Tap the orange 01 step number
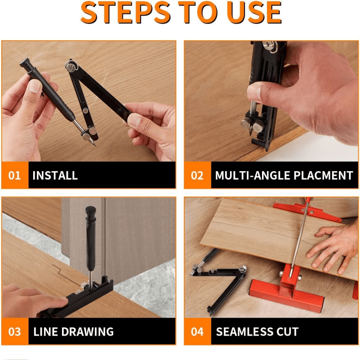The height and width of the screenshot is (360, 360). pyautogui.click(x=15, y=175)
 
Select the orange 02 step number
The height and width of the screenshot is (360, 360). pyautogui.click(x=197, y=175)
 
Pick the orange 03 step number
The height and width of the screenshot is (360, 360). pyautogui.click(x=15, y=332)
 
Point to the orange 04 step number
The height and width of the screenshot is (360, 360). pyautogui.click(x=197, y=332)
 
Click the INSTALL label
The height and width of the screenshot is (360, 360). pyautogui.click(x=55, y=175)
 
